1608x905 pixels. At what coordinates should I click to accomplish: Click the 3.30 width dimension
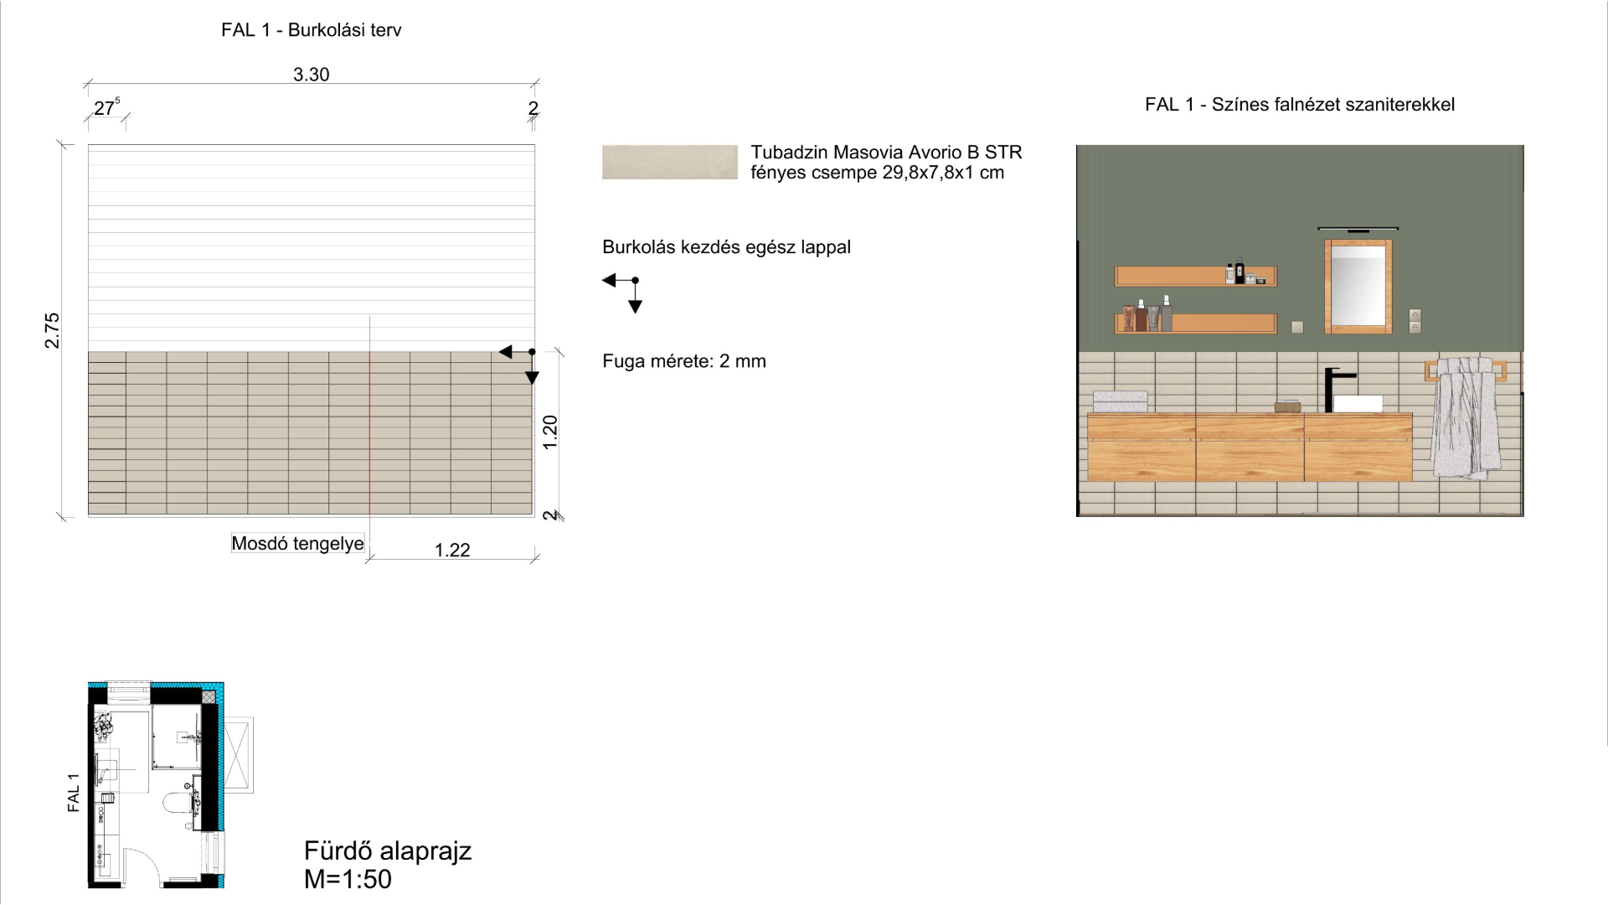tap(311, 75)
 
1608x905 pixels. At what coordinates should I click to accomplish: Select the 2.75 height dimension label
tap(53, 330)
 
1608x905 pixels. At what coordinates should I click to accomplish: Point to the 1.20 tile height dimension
tap(550, 432)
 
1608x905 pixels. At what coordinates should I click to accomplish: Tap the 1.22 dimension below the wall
tap(452, 550)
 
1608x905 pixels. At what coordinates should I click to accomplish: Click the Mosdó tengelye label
tap(298, 544)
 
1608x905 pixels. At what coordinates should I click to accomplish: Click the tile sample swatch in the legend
tap(670, 162)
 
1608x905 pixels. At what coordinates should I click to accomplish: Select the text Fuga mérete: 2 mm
tap(684, 361)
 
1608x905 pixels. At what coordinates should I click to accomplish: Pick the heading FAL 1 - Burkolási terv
tap(312, 30)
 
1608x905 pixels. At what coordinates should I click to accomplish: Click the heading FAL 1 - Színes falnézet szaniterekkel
tap(1300, 105)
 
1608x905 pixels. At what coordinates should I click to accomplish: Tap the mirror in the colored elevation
tap(1358, 287)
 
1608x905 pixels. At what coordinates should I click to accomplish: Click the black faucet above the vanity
tap(1334, 389)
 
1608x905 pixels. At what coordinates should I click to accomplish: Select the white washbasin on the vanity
tap(1358, 403)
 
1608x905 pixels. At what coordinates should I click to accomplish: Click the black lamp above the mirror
tap(1358, 228)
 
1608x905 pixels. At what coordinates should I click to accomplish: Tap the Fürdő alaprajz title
tap(388, 851)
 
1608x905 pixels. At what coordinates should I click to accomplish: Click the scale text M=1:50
tap(348, 879)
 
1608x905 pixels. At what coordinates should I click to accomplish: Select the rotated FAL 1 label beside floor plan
tap(74, 793)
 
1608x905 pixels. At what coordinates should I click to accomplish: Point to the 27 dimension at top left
tap(106, 108)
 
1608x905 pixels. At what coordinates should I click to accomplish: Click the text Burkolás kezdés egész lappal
tap(726, 247)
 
